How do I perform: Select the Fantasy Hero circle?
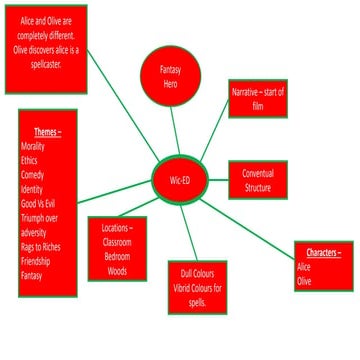(x=172, y=75)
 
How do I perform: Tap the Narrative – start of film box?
(x=258, y=98)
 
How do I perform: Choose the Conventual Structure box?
(x=258, y=180)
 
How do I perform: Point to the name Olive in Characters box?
(x=305, y=282)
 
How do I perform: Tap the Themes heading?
(x=46, y=132)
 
